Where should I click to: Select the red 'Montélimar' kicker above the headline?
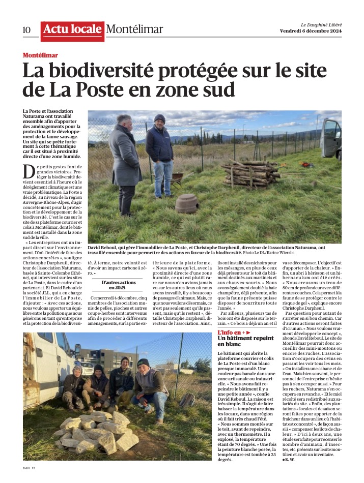40,55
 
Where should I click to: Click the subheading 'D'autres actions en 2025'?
114,285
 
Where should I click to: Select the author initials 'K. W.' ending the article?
290,459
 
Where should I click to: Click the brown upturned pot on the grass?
187,203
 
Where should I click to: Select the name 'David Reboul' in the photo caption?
104,247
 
